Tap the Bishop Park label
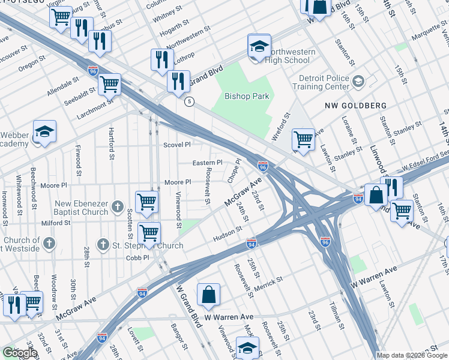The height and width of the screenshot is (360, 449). (249, 96)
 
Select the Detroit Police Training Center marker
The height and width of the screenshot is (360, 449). (358, 81)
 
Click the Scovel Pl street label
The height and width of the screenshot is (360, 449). (177, 145)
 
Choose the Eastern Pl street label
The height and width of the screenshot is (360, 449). (207, 163)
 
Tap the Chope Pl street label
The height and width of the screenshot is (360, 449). (234, 170)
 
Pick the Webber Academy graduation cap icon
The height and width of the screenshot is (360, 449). (44, 131)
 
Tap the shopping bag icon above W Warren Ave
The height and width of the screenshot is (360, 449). (208, 295)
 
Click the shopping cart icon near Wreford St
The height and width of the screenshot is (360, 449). (304, 139)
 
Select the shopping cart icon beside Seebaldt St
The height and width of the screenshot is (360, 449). (109, 84)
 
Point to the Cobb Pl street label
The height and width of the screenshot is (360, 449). (137, 257)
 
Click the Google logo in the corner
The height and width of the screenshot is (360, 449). (20, 353)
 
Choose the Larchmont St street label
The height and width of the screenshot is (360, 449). (94, 107)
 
